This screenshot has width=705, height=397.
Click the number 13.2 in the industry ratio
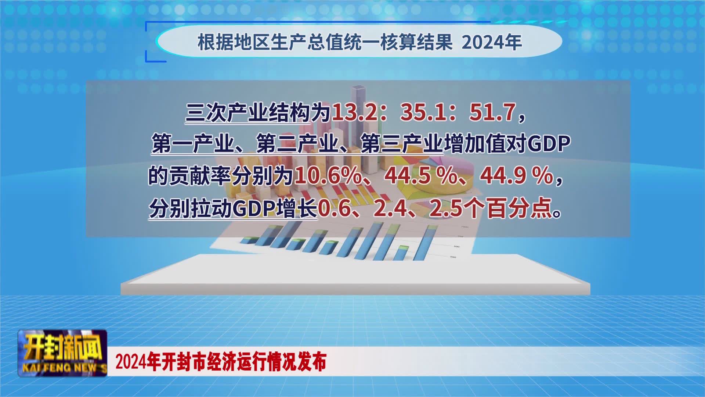pos(354,112)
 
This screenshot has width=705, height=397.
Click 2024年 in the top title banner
pos(492,42)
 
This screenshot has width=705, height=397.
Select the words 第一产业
pos(193,143)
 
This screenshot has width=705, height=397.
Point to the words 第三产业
pos(402,143)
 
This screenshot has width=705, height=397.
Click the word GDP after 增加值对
pos(549,143)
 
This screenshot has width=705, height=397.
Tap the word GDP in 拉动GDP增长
pos(254,208)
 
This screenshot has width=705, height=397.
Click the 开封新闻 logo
pos(63,347)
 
